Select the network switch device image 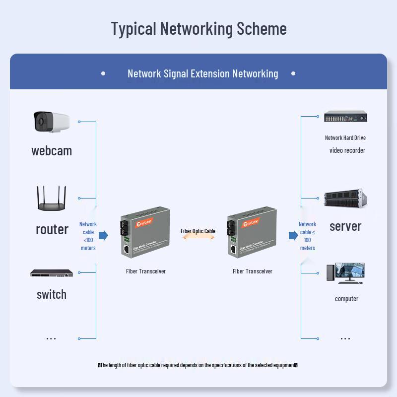(51, 273)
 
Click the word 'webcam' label (52, 151)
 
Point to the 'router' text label (52, 229)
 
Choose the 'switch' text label (51, 294)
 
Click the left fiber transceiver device (145, 232)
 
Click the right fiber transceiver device (252, 232)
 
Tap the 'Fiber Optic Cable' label (198, 231)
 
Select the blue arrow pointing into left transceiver (103, 235)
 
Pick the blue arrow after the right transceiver (293, 235)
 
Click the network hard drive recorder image (345, 117)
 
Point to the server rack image (345, 198)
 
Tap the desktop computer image (345, 273)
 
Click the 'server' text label (345, 226)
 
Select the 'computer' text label (346, 299)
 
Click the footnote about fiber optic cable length (198, 365)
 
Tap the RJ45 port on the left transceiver (127, 250)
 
